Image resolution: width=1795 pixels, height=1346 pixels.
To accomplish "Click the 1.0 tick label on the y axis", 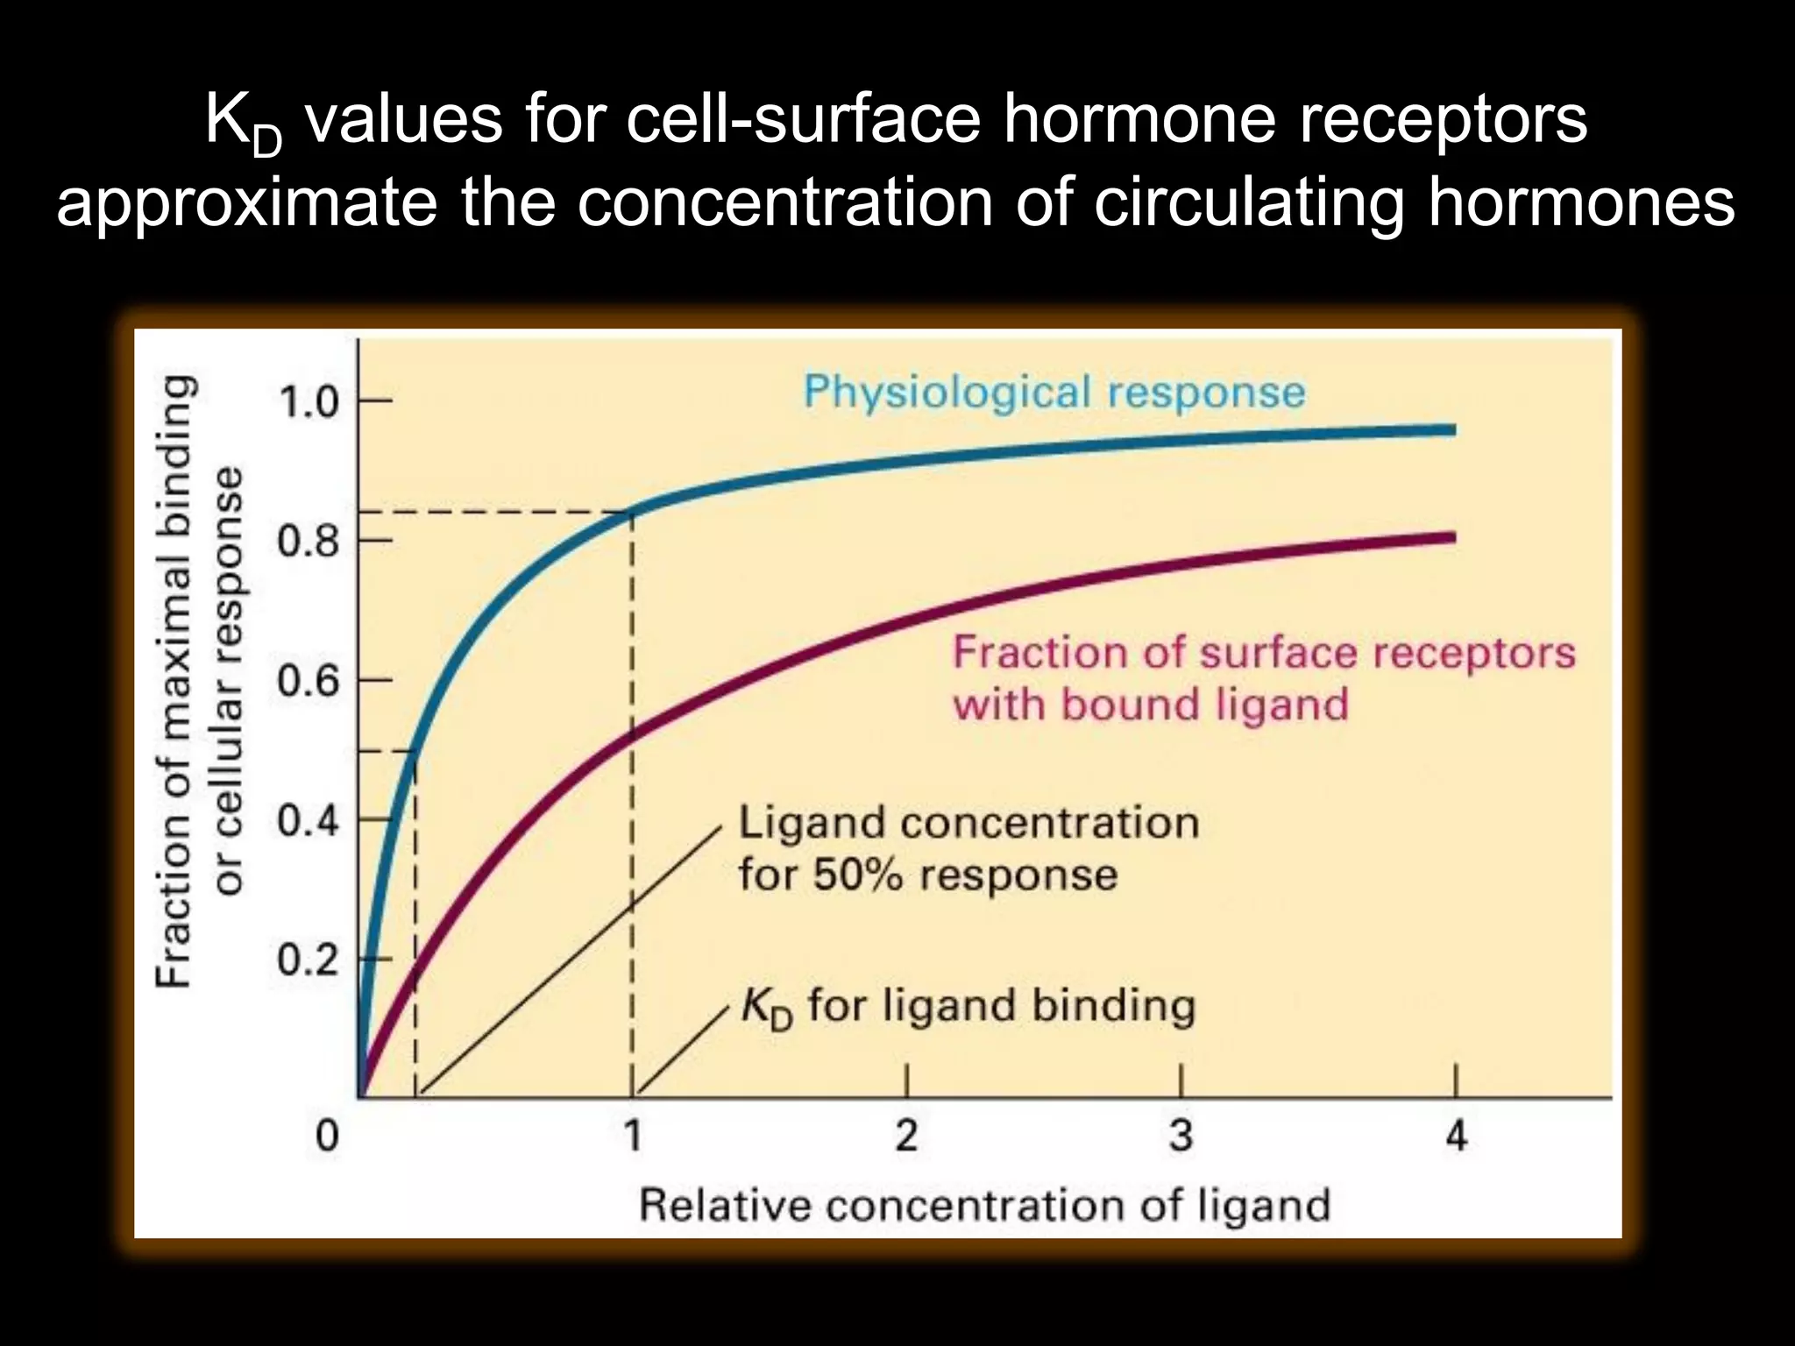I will [309, 403].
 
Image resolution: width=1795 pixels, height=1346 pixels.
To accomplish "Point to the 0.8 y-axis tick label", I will [309, 542].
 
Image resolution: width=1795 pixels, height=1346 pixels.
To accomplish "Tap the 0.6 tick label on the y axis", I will [309, 681].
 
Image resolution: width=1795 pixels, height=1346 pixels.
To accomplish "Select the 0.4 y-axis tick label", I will [309, 821].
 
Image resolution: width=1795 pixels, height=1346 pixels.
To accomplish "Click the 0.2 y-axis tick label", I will [309, 960].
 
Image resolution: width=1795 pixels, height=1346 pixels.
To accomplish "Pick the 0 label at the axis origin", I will [327, 1136].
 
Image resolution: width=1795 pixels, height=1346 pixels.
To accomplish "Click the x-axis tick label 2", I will [906, 1136].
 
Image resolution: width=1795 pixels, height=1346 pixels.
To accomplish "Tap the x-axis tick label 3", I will [1181, 1136].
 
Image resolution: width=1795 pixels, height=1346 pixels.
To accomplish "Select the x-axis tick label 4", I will [1456, 1136].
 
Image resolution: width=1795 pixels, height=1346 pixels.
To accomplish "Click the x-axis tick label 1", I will [633, 1136].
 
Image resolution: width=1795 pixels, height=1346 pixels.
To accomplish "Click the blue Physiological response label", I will [1054, 392].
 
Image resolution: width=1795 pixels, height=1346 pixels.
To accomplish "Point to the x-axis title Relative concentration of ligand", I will [984, 1205].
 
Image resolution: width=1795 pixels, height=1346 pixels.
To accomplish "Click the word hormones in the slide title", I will [1581, 202].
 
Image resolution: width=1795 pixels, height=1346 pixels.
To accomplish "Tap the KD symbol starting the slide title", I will [243, 123].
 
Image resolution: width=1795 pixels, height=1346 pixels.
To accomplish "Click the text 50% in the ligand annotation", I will [857, 875].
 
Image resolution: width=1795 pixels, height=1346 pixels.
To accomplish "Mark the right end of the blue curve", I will [1453, 429].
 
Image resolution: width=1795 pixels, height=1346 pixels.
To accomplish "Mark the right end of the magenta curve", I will [1453, 537].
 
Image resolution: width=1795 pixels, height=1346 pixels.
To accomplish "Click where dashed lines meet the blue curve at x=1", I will [632, 512].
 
